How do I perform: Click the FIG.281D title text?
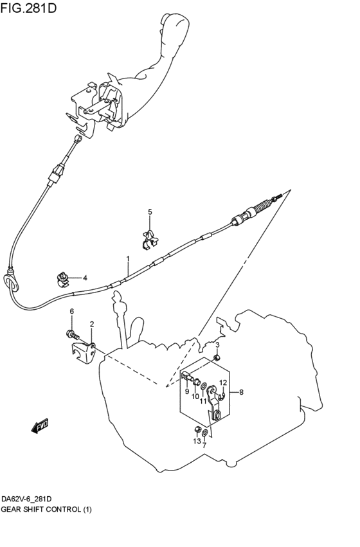click(x=28, y=7)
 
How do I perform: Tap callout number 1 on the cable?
click(x=128, y=258)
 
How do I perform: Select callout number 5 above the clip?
click(x=150, y=211)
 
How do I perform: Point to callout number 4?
click(x=85, y=278)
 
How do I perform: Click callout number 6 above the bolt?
click(x=72, y=311)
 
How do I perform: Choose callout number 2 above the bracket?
click(x=92, y=324)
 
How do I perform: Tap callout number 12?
click(x=223, y=382)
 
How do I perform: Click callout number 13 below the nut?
click(x=197, y=442)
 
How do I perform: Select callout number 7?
click(x=204, y=445)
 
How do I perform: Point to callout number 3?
click(x=217, y=345)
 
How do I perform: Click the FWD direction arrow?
click(x=39, y=426)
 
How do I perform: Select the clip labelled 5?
click(x=150, y=240)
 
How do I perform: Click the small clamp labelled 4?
click(x=62, y=280)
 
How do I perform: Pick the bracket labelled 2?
click(x=84, y=354)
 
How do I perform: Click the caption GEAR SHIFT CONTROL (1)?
click(x=46, y=509)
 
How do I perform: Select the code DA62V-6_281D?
click(x=28, y=499)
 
